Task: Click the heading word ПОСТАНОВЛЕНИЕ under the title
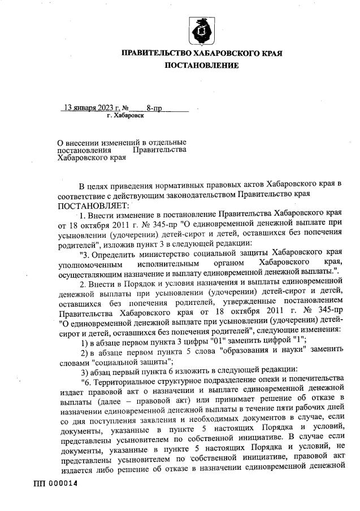pos(202,65)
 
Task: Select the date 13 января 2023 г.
pos(92,107)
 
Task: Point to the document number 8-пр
pos(154,107)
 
